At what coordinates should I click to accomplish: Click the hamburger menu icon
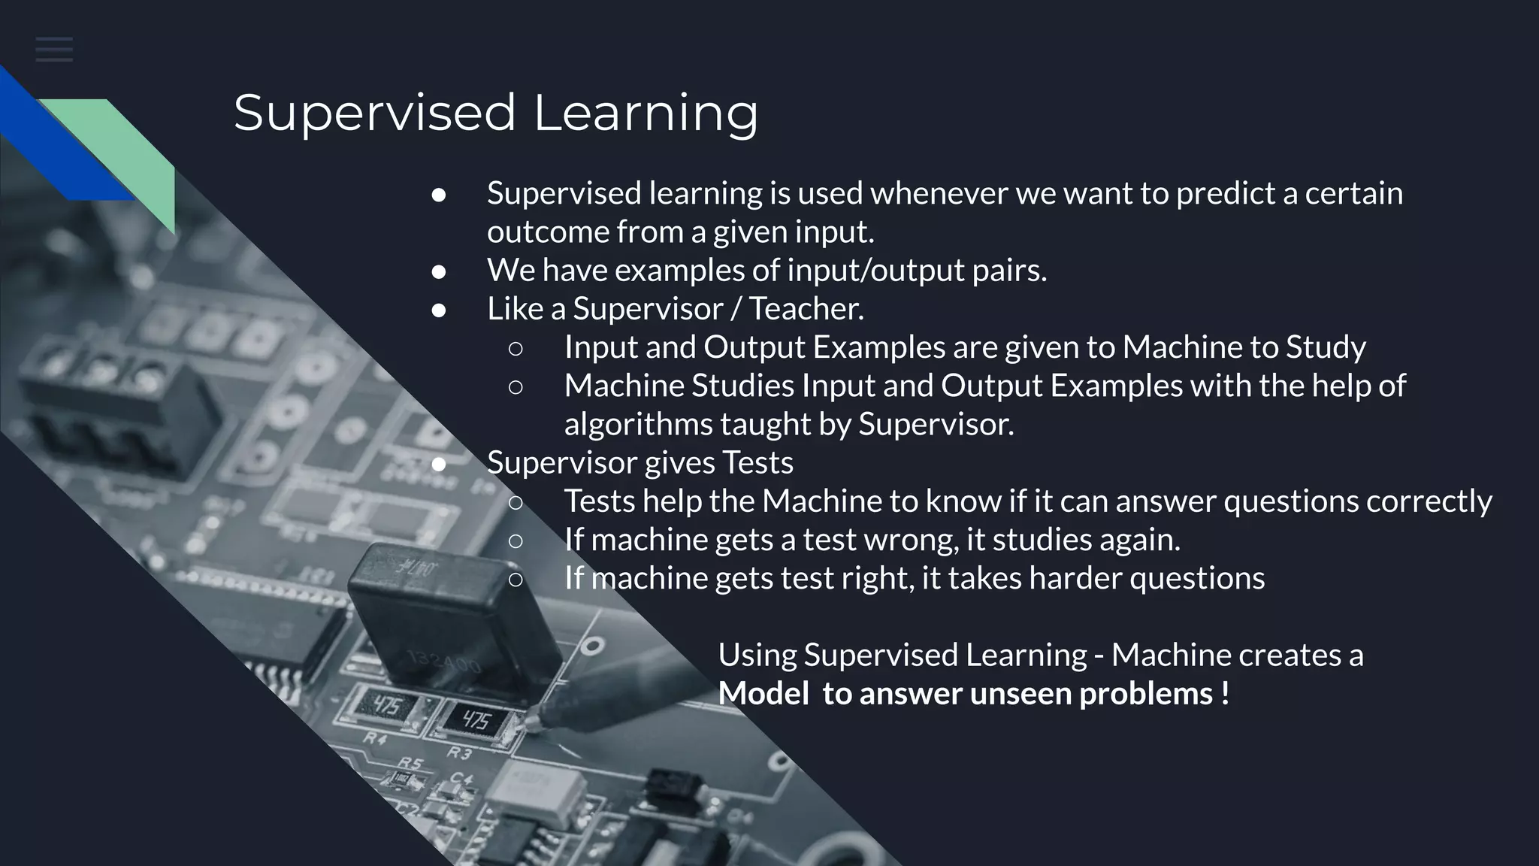click(54, 50)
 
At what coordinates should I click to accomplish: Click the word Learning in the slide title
click(646, 113)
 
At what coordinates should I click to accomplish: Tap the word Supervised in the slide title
click(374, 113)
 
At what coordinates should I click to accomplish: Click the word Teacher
click(806, 309)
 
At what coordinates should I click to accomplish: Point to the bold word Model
click(763, 693)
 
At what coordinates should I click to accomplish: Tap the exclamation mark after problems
click(1225, 693)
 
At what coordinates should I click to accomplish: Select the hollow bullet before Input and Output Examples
click(516, 348)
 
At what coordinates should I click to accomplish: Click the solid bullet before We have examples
click(439, 271)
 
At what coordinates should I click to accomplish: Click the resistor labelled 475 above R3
click(475, 721)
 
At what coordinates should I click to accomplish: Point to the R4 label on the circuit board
click(375, 738)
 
